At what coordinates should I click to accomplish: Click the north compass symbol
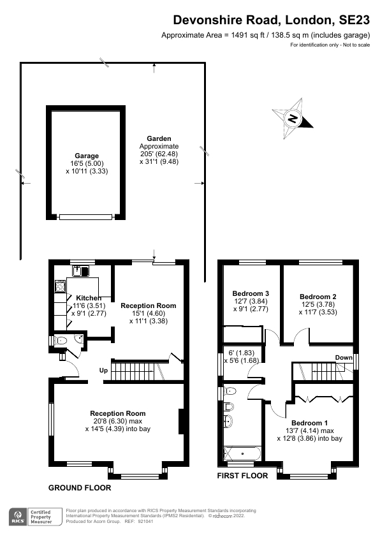click(293, 119)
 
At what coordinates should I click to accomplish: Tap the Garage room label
click(87, 156)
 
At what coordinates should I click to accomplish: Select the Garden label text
click(159, 138)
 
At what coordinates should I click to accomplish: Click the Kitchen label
click(89, 298)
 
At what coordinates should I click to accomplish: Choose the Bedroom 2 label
click(318, 297)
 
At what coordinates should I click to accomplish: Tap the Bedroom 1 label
click(310, 423)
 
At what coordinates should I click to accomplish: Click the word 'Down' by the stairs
click(344, 358)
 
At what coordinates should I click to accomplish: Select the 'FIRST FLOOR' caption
click(242, 476)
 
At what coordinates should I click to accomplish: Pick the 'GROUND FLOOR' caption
click(80, 488)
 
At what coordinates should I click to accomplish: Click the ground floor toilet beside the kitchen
click(62, 341)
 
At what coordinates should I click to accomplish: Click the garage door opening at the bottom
click(86, 217)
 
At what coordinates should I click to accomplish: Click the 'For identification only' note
click(330, 45)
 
